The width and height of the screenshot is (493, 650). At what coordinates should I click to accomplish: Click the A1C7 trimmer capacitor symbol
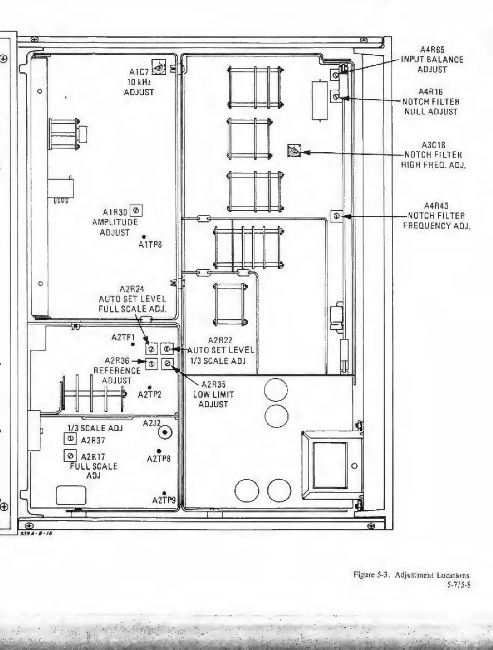[x=159, y=67]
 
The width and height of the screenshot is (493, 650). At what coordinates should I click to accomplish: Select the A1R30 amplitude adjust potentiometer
[x=136, y=210]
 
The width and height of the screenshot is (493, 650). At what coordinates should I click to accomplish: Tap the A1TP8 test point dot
[x=144, y=237]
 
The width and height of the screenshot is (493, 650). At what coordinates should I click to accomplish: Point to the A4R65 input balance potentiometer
[x=336, y=75]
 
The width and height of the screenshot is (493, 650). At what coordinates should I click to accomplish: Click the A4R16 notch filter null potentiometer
[x=336, y=97]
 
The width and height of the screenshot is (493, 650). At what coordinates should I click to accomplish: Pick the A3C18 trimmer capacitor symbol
[x=294, y=151]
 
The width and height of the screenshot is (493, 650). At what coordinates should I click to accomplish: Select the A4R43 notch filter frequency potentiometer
[x=336, y=216]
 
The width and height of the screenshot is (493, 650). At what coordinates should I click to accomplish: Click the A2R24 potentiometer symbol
[x=151, y=349]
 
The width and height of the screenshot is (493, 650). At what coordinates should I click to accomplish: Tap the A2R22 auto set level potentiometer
[x=166, y=348]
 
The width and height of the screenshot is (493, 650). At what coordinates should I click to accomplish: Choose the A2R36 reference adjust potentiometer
[x=151, y=364]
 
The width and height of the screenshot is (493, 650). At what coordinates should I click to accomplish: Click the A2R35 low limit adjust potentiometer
[x=167, y=364]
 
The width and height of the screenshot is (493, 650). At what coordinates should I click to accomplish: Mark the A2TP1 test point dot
[x=133, y=344]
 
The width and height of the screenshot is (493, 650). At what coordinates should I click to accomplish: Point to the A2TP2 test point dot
[x=150, y=388]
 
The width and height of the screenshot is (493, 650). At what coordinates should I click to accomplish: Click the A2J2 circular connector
[x=166, y=433]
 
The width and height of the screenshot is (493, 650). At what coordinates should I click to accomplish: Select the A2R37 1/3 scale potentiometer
[x=70, y=439]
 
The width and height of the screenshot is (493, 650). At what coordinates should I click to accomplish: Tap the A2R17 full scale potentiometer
[x=70, y=455]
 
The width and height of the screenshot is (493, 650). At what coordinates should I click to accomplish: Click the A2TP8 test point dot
[x=159, y=451]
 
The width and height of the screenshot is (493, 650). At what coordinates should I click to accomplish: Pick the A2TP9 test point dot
[x=164, y=494]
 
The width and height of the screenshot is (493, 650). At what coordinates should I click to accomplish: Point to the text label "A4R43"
[x=436, y=206]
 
